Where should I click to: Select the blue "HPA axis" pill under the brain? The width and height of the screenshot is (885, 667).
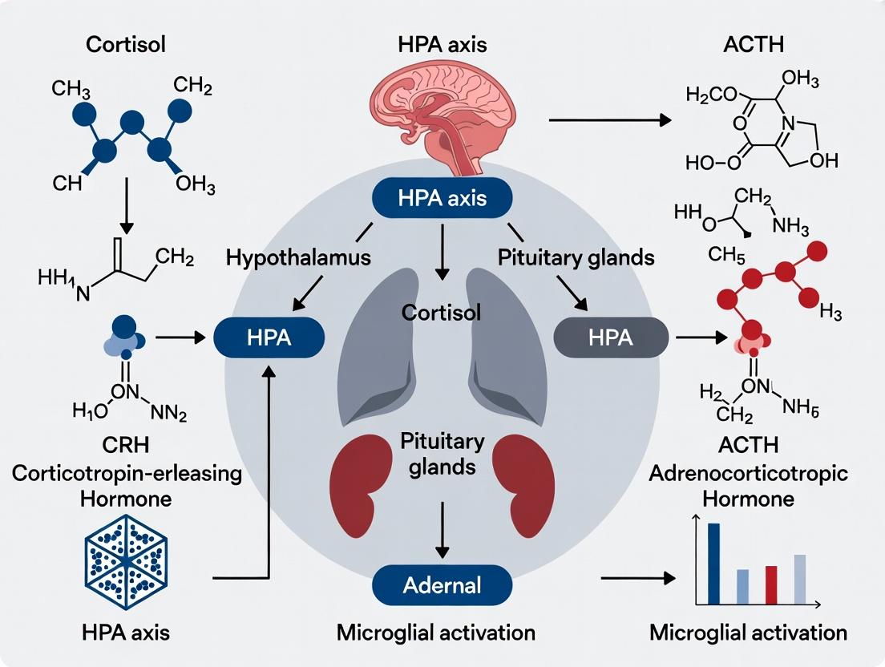[x=442, y=197]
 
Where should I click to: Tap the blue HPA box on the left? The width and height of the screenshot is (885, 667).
[x=269, y=338]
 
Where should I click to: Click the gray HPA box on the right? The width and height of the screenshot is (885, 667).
[x=610, y=338]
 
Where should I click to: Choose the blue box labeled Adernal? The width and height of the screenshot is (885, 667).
[x=442, y=584]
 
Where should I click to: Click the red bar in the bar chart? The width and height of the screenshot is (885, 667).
[x=771, y=584]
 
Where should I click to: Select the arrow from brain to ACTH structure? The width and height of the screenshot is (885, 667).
[x=609, y=120]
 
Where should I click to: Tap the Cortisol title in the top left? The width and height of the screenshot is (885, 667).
[x=126, y=45]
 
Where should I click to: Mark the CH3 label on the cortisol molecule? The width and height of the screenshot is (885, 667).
[x=77, y=89]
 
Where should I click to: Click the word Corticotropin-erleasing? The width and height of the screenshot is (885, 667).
[x=127, y=473]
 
